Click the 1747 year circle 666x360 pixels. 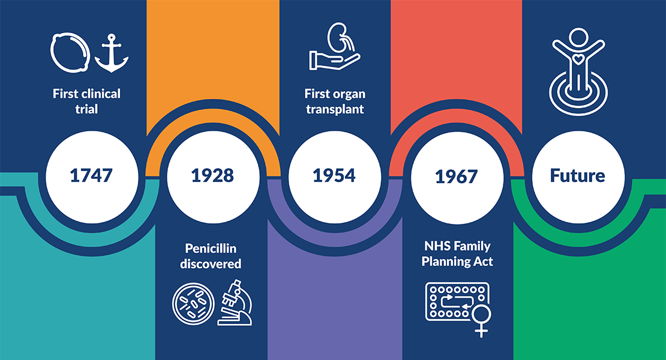(91, 175)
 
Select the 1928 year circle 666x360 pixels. (212, 175)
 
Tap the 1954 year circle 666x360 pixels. (334, 175)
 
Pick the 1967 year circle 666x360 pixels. (456, 176)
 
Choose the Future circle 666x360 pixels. (577, 175)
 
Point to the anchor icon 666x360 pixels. (112, 53)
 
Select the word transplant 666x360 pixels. (334, 110)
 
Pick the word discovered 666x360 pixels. (212, 264)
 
